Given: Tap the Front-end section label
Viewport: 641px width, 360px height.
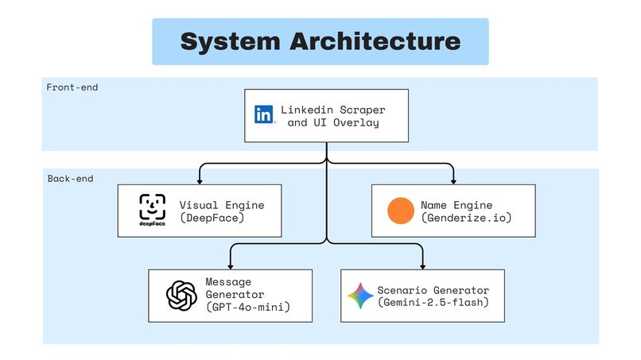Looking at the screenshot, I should click(72, 87).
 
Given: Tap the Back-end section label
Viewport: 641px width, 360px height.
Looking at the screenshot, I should click(70, 179).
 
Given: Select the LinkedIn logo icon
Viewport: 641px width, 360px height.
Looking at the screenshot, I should click(264, 114).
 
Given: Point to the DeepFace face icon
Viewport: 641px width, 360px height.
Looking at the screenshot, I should click(152, 209).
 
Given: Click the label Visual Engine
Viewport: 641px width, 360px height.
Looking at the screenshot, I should click(221, 204).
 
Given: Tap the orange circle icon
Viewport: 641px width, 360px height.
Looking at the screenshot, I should click(401, 211).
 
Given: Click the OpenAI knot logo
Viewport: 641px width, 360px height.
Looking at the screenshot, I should click(181, 296).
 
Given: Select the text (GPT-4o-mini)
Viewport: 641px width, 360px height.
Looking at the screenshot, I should click(247, 307).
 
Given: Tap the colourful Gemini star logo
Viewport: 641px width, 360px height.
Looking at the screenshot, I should click(360, 296).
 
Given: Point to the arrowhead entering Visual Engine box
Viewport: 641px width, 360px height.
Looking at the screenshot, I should click(199, 180).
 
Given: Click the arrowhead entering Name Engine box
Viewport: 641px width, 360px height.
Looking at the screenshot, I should click(454, 180).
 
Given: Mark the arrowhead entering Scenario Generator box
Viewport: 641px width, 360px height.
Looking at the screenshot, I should click(422, 265).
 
